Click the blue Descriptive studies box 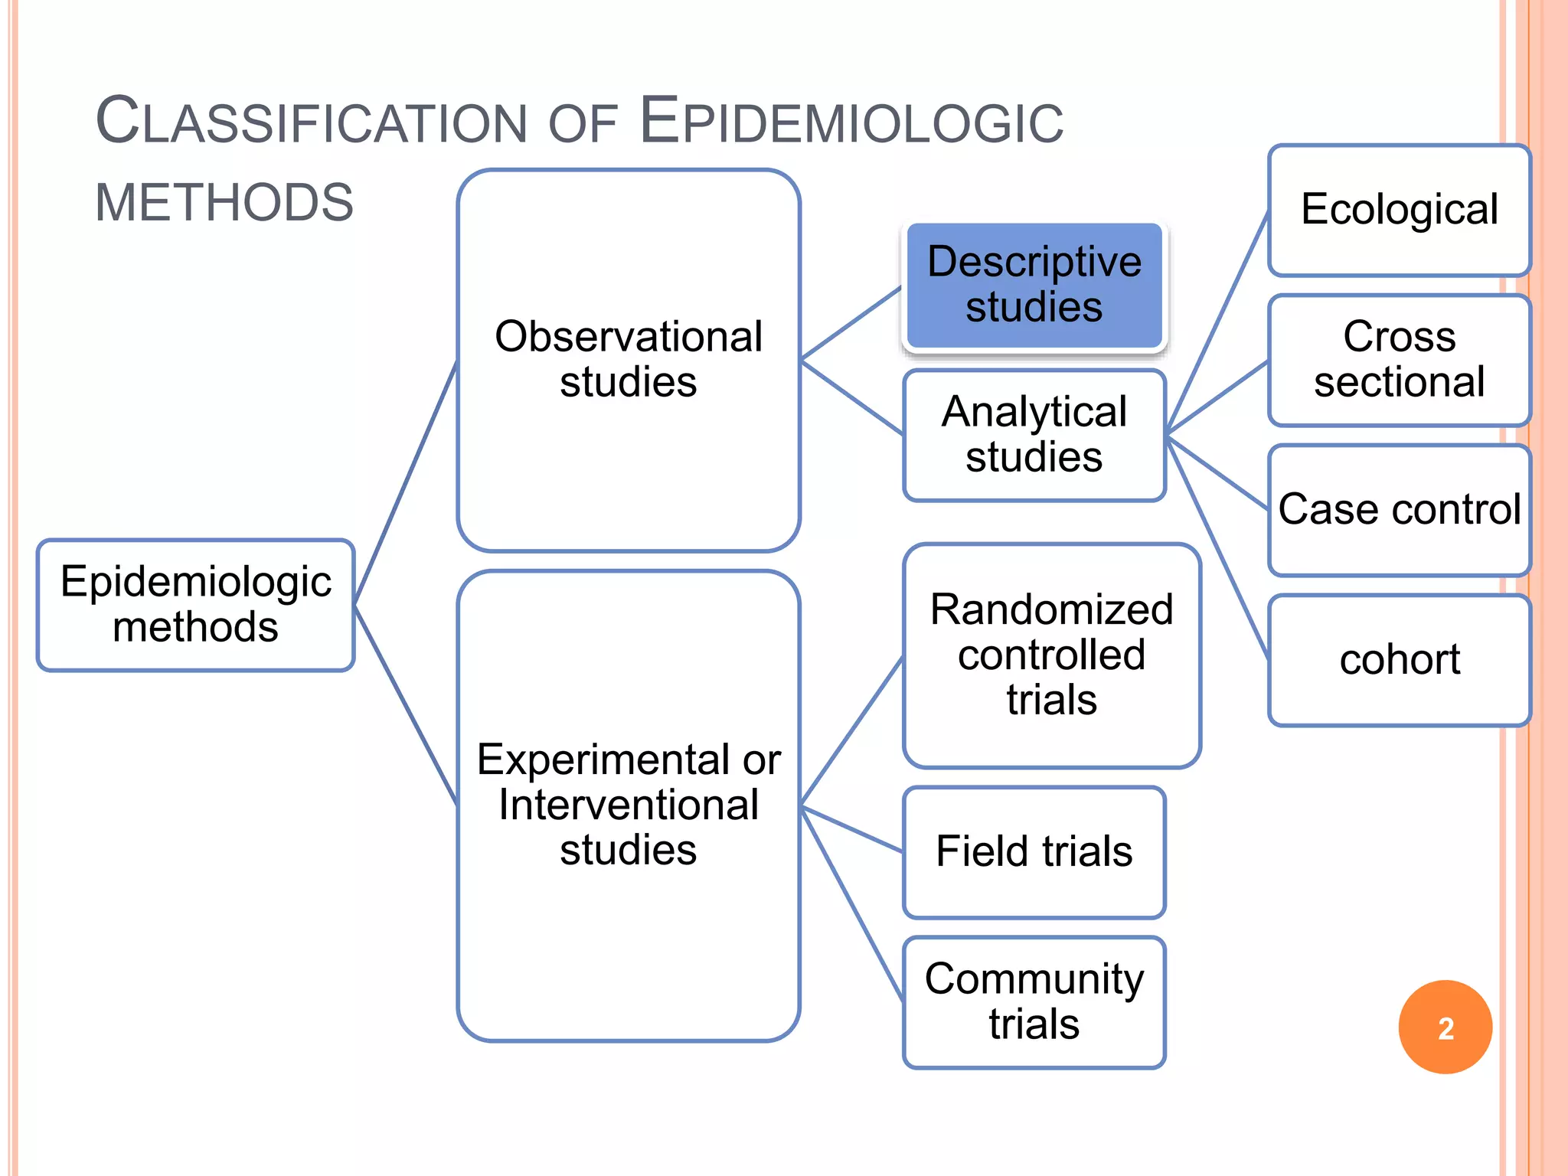pos(1034,286)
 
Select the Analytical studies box pos(1034,435)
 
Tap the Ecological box pos(1399,210)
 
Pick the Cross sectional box pos(1399,360)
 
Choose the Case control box pos(1399,510)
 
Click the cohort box pos(1399,660)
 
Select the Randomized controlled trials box pos(1051,655)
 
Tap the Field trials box pos(1034,851)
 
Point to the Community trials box pos(1034,1001)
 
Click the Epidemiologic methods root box pos(196,605)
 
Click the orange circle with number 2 pos(1445,1027)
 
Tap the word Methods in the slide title pos(224,203)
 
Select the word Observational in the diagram pos(629,337)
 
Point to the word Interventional pos(629,805)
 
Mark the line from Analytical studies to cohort pos(1217,547)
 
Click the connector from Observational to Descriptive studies pos(851,323)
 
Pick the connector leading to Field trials pos(851,828)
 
